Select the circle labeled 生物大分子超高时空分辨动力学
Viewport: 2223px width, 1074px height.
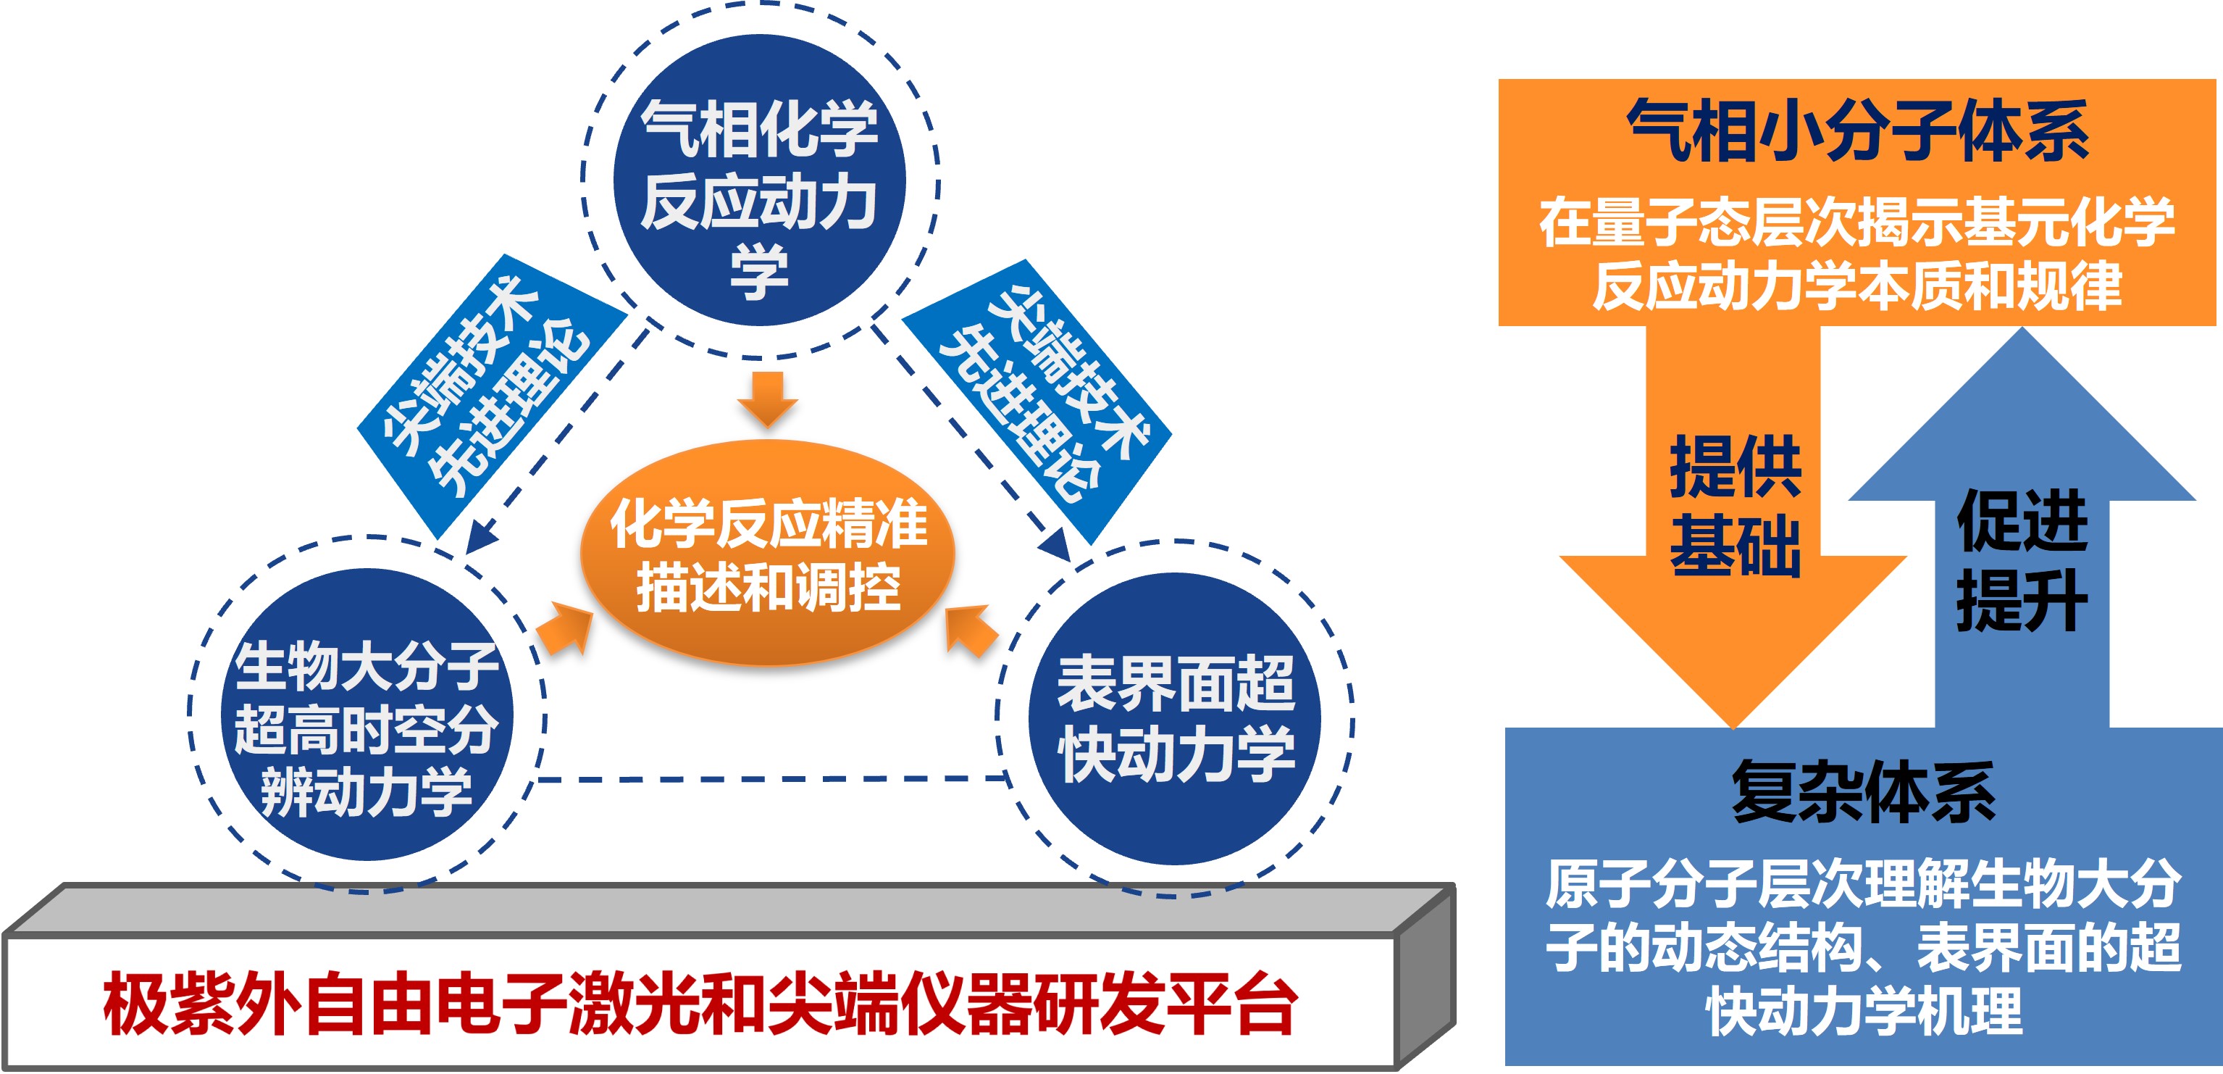(x=367, y=714)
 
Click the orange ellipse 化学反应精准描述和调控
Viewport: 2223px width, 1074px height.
(x=767, y=552)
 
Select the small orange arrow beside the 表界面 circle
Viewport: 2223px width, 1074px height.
(x=970, y=631)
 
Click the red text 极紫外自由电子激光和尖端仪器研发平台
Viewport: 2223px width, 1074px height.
(x=700, y=1004)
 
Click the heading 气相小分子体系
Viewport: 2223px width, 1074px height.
(x=1857, y=130)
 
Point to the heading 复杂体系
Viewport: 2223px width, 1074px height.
(x=1863, y=791)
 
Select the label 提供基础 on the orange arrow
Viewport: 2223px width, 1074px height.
(x=1735, y=505)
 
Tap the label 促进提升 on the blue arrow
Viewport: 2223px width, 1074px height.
(x=2022, y=560)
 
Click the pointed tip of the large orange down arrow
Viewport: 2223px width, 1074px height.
(x=1733, y=728)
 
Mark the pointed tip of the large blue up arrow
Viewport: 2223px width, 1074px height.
(x=2022, y=328)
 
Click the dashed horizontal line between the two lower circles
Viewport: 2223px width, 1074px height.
(x=773, y=780)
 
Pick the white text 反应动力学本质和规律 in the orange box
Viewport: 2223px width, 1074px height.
(x=1857, y=285)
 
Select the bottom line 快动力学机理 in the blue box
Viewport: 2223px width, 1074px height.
(x=1864, y=1010)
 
